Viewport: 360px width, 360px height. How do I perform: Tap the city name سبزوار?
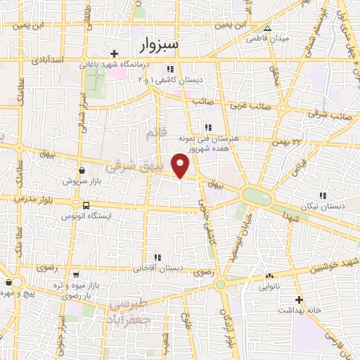pos(160,46)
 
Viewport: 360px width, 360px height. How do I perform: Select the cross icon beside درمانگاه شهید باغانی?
pos(114,53)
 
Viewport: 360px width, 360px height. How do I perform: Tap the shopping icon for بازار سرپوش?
pos(82,170)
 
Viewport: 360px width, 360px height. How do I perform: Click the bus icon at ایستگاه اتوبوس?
pos(86,206)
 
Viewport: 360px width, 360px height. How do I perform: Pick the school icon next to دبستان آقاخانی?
pos(158,257)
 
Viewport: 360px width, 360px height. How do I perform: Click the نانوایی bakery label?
pos(270,286)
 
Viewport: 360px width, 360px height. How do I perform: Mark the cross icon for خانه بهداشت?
pos(299,299)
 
